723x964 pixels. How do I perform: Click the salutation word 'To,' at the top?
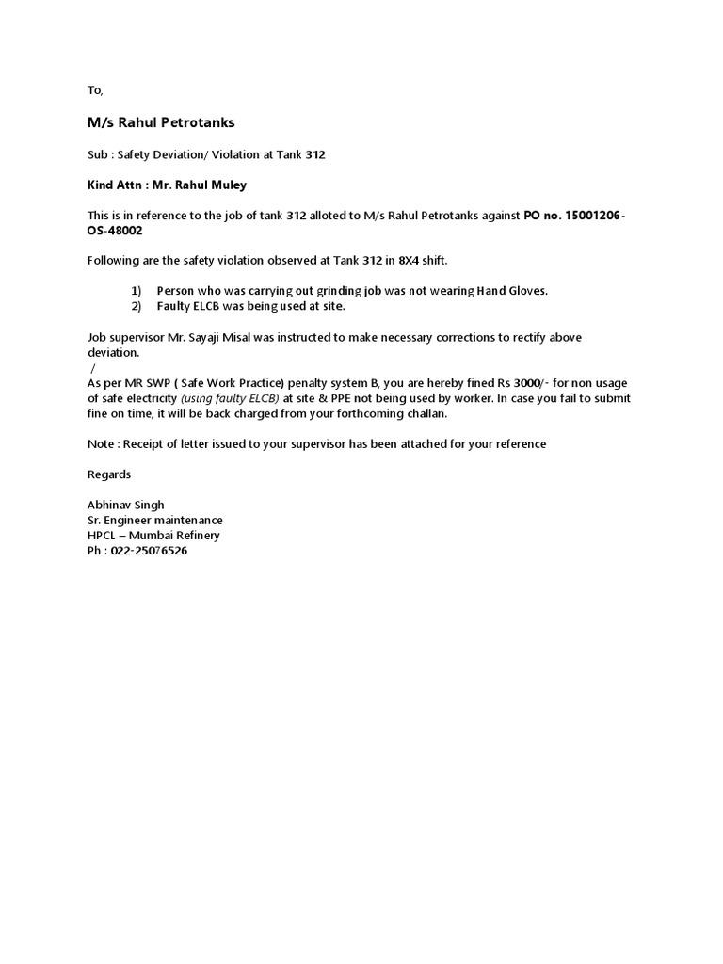94,90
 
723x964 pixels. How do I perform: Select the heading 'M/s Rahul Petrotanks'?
161,122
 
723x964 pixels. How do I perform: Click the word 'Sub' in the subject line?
98,154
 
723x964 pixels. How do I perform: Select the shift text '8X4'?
417,261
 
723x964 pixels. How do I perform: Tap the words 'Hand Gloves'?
510,291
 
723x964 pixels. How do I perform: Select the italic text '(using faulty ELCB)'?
230,398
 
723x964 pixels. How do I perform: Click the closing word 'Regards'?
109,474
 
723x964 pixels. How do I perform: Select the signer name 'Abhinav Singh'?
125,506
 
